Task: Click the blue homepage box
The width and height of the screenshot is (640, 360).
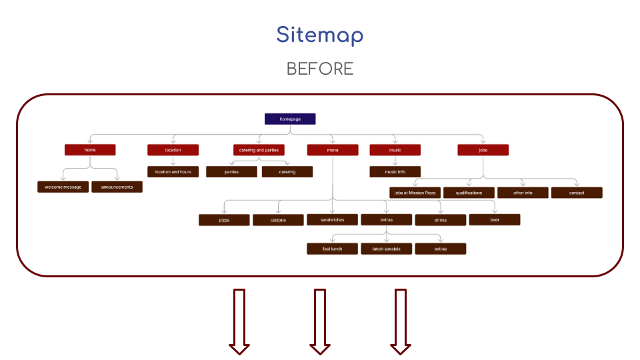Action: click(x=290, y=119)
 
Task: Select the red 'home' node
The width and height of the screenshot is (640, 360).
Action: click(x=90, y=150)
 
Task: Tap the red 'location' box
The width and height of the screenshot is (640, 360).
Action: click(x=173, y=150)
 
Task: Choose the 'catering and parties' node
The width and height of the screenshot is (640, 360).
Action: click(x=259, y=150)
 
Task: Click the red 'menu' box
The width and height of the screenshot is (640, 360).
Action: click(x=333, y=150)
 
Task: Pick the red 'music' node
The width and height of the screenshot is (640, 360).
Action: click(x=395, y=150)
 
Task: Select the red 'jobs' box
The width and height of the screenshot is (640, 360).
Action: click(x=483, y=150)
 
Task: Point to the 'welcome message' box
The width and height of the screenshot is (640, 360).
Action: click(x=63, y=187)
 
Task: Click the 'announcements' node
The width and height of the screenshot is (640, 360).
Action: click(x=117, y=187)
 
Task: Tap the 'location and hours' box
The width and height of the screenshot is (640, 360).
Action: click(x=173, y=171)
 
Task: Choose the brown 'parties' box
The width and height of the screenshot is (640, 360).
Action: click(x=231, y=171)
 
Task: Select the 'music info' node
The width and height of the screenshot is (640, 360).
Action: click(x=395, y=171)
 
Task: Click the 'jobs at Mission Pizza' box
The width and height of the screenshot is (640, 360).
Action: click(x=415, y=193)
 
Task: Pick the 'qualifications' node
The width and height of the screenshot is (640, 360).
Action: click(x=469, y=193)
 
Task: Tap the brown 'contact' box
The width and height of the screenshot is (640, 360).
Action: click(x=577, y=193)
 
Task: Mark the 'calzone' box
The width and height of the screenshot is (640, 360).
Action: click(x=278, y=220)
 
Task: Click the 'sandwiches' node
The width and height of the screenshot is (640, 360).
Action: click(x=332, y=219)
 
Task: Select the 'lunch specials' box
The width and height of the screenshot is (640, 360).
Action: click(x=386, y=249)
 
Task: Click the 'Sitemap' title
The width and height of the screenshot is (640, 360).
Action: click(x=320, y=35)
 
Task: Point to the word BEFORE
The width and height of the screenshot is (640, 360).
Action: click(x=320, y=69)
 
